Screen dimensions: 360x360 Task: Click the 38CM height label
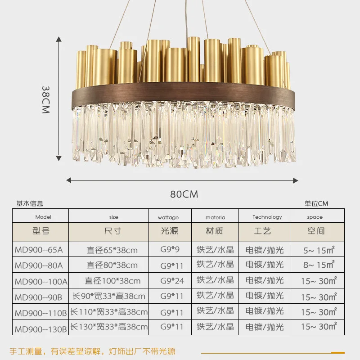[x=46, y=99]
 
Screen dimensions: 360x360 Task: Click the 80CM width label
[x=184, y=194]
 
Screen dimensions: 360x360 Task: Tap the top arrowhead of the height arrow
[x=59, y=39]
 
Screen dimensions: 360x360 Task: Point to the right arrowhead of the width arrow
[x=296, y=180]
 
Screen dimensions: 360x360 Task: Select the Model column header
[x=43, y=217]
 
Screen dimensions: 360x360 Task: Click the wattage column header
[x=168, y=217]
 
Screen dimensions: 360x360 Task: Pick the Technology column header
[x=267, y=217]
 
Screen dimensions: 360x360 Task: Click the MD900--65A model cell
[x=39, y=250]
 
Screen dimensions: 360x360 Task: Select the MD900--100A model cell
[x=41, y=282]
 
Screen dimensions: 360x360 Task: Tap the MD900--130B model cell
[x=41, y=329]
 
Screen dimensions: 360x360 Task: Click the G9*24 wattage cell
[x=172, y=281]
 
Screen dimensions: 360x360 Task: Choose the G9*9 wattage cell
[x=170, y=249]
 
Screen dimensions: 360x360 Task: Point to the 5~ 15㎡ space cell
[x=319, y=250]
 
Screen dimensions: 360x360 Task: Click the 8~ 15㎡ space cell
[x=319, y=265]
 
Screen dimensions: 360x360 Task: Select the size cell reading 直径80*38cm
[x=112, y=265]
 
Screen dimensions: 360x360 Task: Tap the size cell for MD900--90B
[x=109, y=296]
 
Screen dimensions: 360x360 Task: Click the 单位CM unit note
[x=316, y=203]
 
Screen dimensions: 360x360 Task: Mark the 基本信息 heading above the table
[x=30, y=203]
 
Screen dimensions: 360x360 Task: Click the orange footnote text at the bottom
[x=93, y=351]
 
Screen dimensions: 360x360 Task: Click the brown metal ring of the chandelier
[x=183, y=93]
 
